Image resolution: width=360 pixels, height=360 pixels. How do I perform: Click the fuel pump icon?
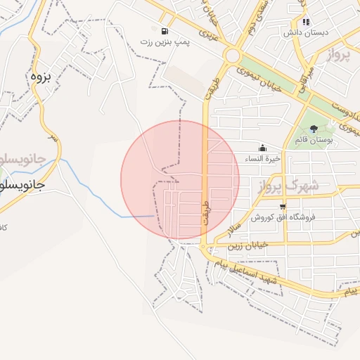[x=165, y=32]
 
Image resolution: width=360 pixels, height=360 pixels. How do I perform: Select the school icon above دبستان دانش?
[x=306, y=22]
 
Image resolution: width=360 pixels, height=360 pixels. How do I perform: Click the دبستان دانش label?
[x=303, y=33]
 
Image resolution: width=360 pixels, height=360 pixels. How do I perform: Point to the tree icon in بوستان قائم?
[x=314, y=129]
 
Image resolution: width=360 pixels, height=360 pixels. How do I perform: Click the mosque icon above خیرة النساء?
[x=263, y=148]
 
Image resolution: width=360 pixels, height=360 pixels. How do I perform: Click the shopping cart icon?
[x=283, y=207]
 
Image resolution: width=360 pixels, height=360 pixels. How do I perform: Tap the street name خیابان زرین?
[x=247, y=247]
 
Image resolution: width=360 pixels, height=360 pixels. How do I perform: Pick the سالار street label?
[x=235, y=226]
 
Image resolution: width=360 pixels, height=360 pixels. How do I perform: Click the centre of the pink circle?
[x=180, y=179]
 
